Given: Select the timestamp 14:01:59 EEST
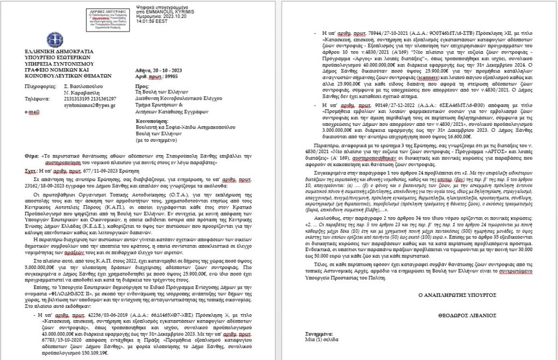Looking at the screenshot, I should click(151, 23).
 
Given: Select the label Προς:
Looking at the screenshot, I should click(140, 86).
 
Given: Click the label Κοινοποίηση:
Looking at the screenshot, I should click(149, 115).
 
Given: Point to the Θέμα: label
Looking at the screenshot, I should click(32, 155).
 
